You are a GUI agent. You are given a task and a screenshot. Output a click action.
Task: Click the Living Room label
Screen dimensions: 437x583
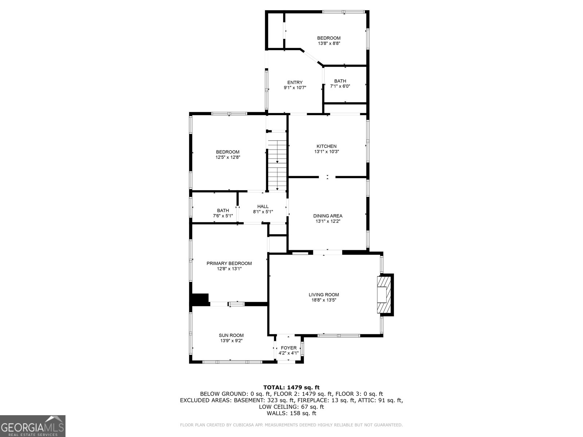(x=324, y=295)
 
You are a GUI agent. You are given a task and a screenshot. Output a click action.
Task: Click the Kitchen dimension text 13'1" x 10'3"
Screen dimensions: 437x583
(x=327, y=151)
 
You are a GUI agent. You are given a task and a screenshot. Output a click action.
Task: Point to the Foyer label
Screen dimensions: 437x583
(x=289, y=348)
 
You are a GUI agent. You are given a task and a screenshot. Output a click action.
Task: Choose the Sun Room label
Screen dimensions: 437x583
(x=231, y=335)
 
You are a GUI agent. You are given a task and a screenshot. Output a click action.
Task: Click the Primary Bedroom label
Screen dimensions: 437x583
(x=229, y=263)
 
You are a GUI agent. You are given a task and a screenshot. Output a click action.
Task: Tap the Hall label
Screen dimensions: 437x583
(x=263, y=206)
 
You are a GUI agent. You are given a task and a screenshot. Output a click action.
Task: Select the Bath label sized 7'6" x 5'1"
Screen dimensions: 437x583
(x=223, y=210)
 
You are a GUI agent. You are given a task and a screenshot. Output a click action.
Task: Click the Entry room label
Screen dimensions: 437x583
(x=295, y=82)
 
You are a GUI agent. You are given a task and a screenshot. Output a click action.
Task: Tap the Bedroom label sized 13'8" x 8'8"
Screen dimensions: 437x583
(x=329, y=38)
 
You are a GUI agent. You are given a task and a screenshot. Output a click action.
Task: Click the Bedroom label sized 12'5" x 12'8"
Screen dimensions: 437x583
(x=227, y=152)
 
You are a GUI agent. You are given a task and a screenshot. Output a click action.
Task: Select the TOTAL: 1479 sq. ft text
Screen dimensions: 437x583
(x=291, y=387)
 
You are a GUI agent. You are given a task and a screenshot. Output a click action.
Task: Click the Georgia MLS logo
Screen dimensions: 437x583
(x=33, y=426)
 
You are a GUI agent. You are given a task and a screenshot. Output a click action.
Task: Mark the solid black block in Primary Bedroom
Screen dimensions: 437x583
(x=199, y=299)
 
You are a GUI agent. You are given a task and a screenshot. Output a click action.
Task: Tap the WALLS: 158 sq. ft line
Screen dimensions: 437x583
(x=291, y=413)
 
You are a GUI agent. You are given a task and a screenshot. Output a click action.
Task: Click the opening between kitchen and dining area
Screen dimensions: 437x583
(x=327, y=177)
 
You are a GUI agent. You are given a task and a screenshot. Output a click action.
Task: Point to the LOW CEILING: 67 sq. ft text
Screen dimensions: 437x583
(x=291, y=407)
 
